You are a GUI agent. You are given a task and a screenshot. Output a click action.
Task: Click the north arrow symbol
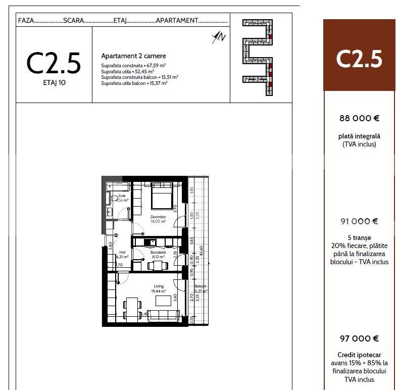point(219,36)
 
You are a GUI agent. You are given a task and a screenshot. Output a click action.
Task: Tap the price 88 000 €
point(359,118)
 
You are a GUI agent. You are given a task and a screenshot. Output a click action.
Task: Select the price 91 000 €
point(359,221)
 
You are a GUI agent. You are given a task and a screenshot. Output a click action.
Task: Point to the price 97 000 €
point(359,338)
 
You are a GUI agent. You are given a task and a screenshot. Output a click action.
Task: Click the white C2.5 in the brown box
point(359,59)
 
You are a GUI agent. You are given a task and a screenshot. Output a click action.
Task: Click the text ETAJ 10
point(54,83)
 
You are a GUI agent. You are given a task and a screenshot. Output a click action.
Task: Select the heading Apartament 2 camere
point(133,56)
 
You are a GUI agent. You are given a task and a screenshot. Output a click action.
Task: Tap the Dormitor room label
point(158,217)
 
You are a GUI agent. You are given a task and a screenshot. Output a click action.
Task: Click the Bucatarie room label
point(158,252)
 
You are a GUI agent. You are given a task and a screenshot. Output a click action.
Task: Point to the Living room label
point(159,286)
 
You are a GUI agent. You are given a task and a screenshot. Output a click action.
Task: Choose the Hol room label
point(122,252)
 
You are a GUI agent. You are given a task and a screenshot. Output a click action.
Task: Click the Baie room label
point(122,196)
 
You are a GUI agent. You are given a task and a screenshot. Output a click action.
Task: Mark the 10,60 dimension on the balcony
point(201,252)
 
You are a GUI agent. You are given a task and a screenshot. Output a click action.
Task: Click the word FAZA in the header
point(26,21)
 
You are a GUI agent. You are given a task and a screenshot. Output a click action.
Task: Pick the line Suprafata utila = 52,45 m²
point(127,72)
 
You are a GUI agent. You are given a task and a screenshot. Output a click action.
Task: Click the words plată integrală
point(359,136)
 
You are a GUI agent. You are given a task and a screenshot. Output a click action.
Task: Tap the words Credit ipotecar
point(359,355)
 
